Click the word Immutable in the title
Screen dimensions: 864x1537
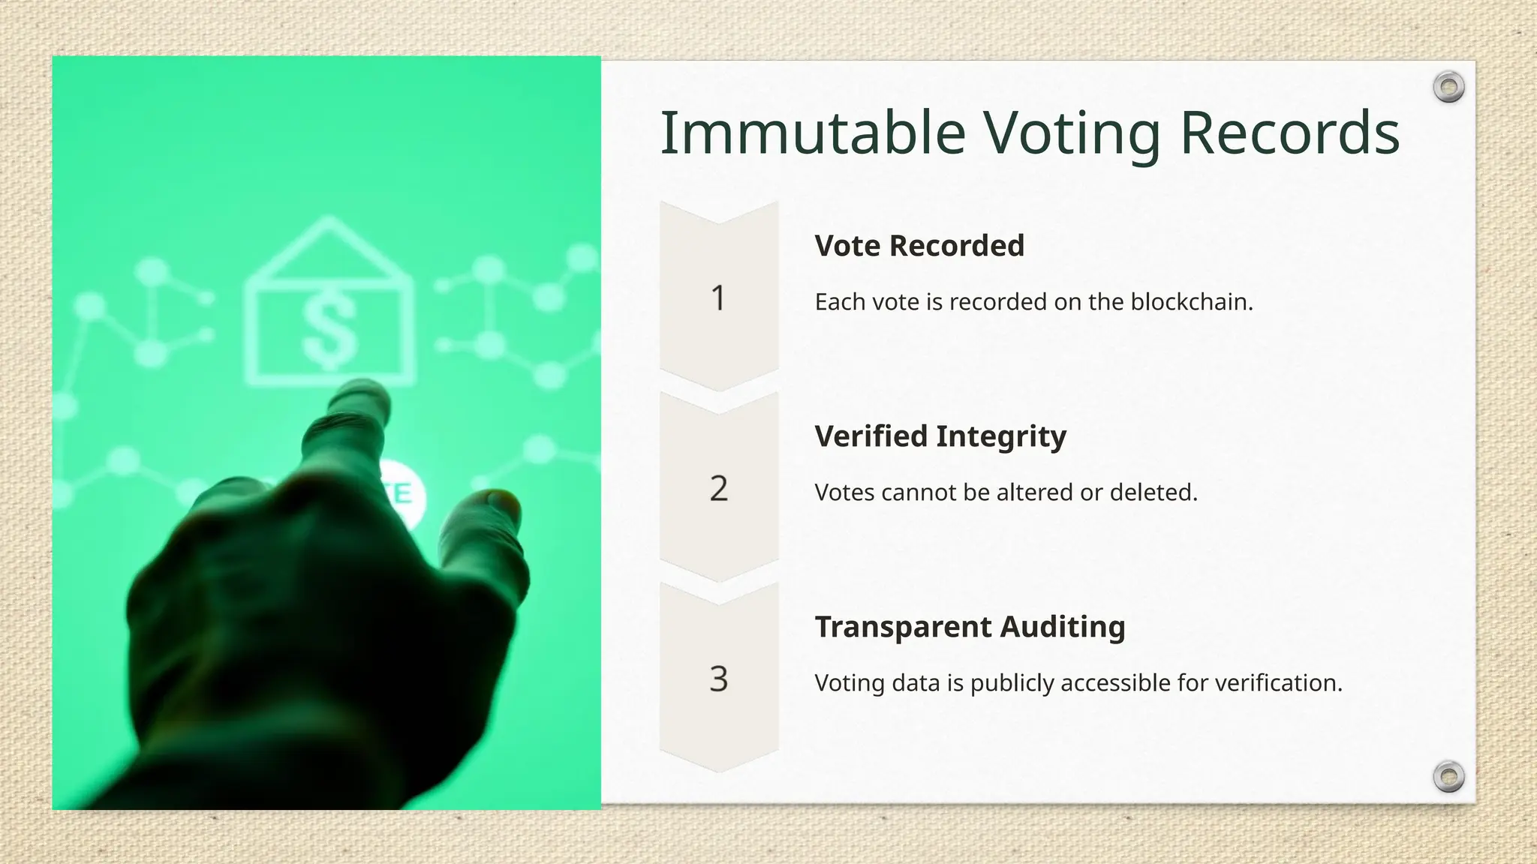[813, 133]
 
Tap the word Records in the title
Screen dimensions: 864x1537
[1289, 133]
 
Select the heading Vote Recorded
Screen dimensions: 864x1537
[919, 246]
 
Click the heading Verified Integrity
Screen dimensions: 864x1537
[940, 436]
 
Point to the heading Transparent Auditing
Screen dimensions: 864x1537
[970, 627]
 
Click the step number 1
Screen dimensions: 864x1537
[718, 298]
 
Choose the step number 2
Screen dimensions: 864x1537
[718, 488]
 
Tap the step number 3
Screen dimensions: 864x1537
[718, 679]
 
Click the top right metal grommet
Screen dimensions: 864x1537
[1448, 88]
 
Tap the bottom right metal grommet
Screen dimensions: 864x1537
[1448, 776]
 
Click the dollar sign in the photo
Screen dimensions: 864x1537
[329, 330]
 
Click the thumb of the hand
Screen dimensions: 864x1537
[492, 510]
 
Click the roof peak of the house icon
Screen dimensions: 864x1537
[327, 221]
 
